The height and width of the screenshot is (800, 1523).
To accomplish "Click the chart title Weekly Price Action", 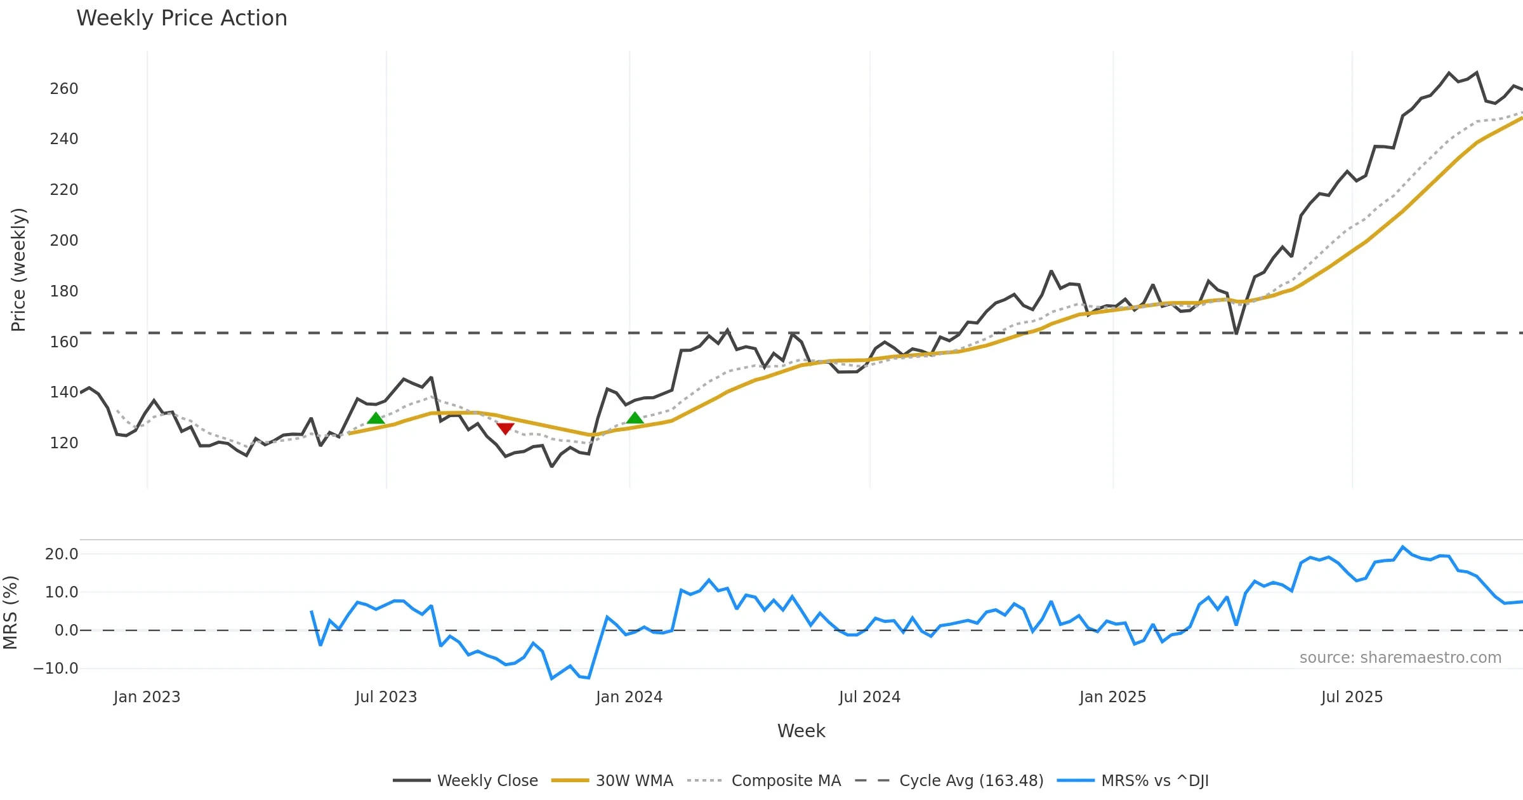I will (x=181, y=18).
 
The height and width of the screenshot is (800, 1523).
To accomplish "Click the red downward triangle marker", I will (x=505, y=429).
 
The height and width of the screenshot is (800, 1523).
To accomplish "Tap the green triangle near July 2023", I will (x=376, y=418).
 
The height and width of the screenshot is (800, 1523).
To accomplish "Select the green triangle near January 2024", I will (x=635, y=418).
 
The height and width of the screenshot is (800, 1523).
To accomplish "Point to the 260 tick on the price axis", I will (x=64, y=89).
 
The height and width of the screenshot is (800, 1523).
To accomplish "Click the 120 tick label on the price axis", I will (x=64, y=443).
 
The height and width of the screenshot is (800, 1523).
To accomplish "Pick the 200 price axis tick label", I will (x=64, y=241).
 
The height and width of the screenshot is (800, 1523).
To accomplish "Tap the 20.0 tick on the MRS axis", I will (x=62, y=554).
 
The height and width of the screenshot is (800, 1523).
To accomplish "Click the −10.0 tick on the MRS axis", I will (x=56, y=669).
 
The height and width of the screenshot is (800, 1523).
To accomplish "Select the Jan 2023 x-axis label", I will (x=147, y=697).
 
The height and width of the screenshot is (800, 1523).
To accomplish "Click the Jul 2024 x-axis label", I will (x=869, y=697).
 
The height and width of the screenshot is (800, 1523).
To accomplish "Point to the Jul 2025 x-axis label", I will (x=1352, y=697).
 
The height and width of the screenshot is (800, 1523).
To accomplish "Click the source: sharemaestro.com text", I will (x=1400, y=658).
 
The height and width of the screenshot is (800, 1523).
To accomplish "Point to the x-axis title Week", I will (x=801, y=731).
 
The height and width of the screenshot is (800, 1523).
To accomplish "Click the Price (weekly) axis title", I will (x=19, y=270).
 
